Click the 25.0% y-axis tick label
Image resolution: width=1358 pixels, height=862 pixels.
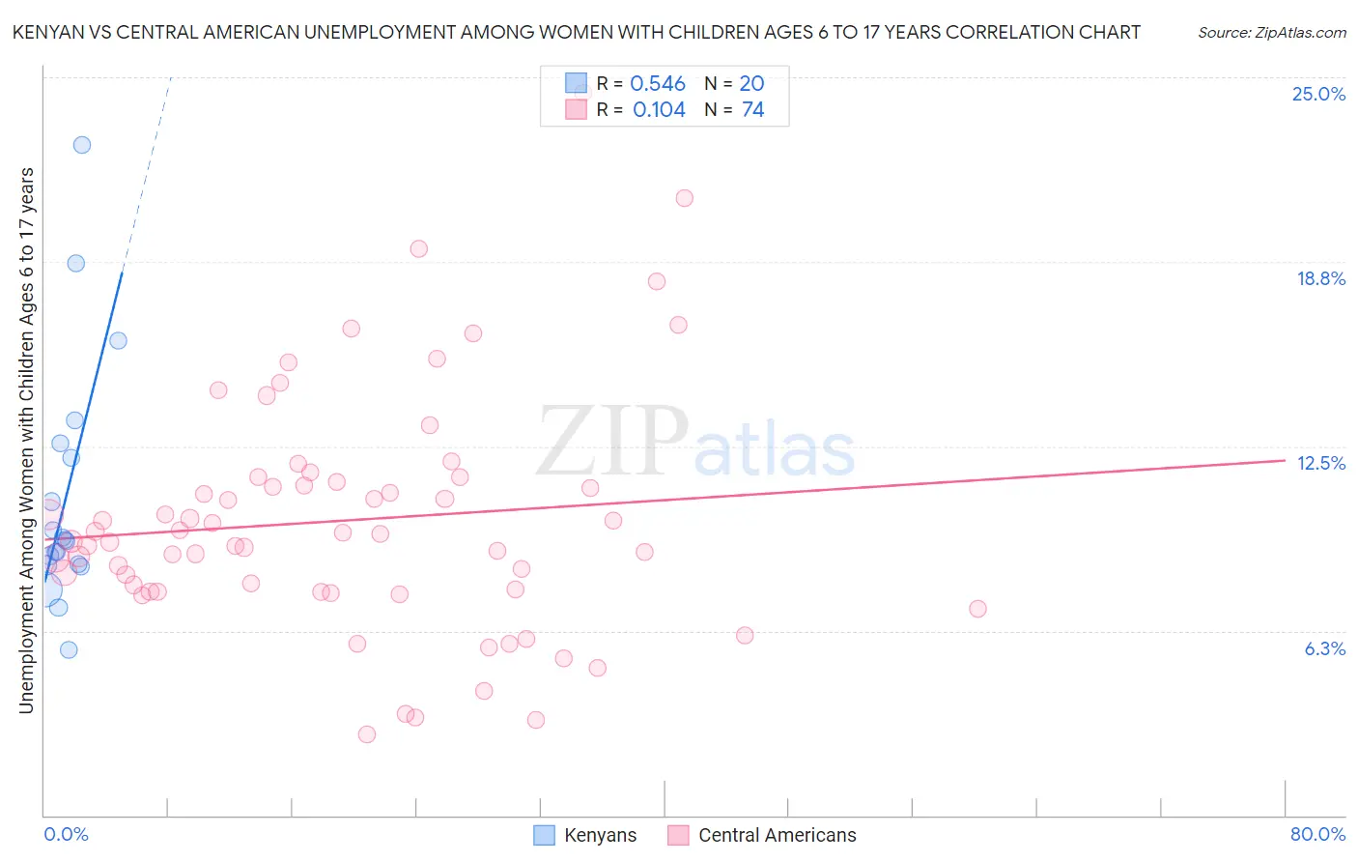[x=1318, y=94]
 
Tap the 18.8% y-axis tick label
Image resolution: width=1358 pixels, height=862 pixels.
[x=1320, y=278]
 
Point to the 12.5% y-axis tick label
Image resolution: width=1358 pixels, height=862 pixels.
[x=1320, y=463]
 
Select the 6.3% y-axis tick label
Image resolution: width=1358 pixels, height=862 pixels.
[x=1324, y=648]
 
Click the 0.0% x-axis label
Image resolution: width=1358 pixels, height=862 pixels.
[x=66, y=834]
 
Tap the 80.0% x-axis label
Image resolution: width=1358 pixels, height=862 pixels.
[x=1317, y=834]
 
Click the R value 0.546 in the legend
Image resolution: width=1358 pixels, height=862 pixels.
[x=657, y=84]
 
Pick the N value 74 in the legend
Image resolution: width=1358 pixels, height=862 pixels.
[x=752, y=110]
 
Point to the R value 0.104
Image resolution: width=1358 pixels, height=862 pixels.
[x=659, y=110]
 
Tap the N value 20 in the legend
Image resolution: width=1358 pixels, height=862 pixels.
[x=751, y=84]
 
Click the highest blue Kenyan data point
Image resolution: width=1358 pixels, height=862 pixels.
[x=82, y=145]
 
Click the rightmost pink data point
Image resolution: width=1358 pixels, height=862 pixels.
[x=977, y=609]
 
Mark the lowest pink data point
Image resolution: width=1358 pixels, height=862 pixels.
[x=367, y=734]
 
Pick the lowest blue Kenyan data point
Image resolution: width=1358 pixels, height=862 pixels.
[x=69, y=649]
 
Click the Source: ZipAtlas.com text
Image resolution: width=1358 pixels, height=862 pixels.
[x=1271, y=33]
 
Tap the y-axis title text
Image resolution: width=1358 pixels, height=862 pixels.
[x=26, y=441]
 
